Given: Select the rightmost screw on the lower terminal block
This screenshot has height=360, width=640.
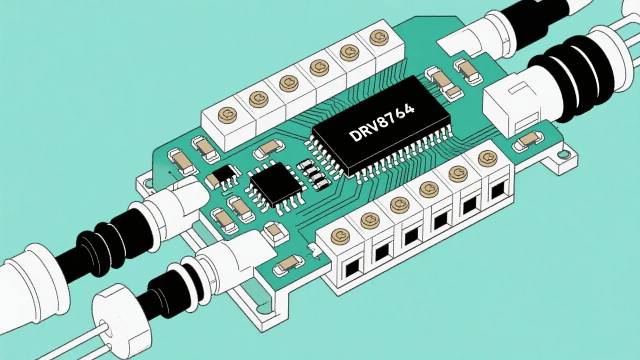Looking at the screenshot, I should point(486,158).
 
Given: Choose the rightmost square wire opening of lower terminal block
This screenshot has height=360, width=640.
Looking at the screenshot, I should point(497,191).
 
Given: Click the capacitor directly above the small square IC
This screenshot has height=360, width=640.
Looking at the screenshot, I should point(268,147).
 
